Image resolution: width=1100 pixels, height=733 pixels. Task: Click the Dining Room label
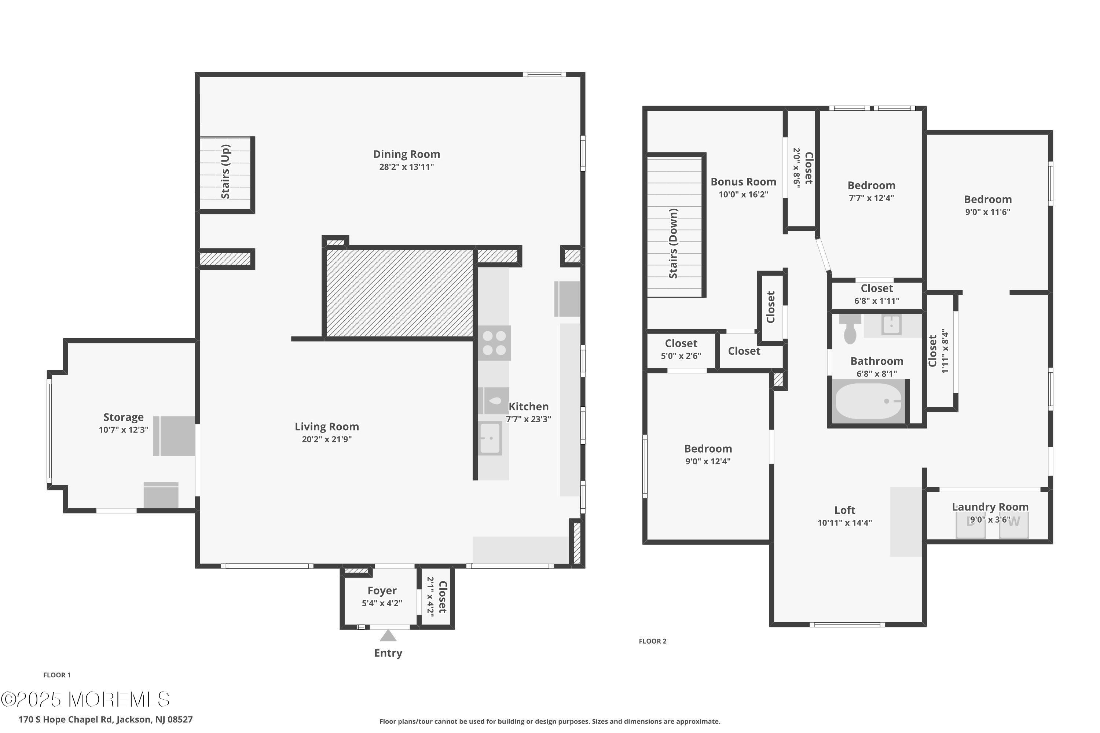click(x=406, y=154)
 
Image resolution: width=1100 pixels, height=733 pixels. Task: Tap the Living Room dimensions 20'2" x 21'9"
click(x=327, y=439)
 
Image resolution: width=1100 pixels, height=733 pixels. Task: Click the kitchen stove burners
click(x=494, y=343)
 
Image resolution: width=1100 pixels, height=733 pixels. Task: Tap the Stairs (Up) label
click(x=225, y=172)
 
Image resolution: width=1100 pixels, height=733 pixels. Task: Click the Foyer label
click(x=382, y=590)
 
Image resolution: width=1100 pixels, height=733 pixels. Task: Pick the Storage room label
click(x=124, y=417)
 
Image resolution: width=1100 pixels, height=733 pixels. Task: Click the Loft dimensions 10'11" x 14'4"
click(x=845, y=523)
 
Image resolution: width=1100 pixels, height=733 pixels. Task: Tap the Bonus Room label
click(x=744, y=181)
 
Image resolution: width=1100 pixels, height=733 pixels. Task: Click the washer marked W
click(x=1014, y=524)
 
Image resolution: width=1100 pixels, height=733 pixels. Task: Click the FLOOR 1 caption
click(x=57, y=675)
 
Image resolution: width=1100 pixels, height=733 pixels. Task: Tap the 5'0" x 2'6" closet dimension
click(x=681, y=356)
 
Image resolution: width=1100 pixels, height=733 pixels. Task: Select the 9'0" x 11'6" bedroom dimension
click(x=988, y=212)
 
